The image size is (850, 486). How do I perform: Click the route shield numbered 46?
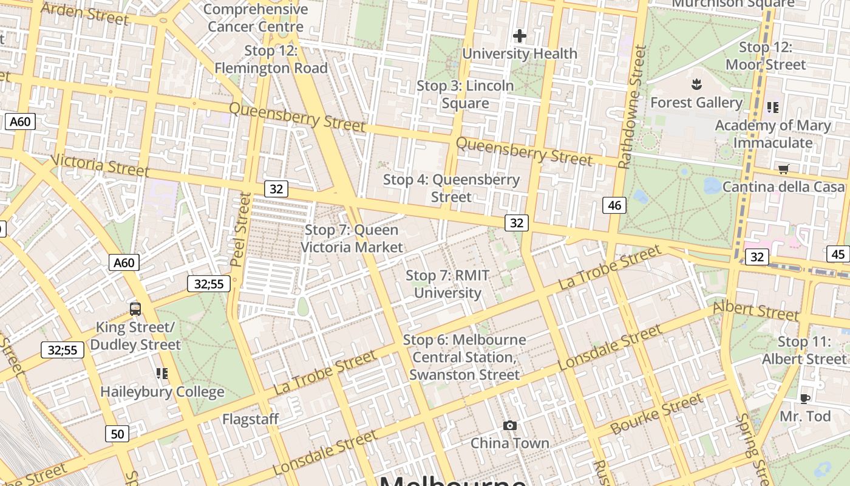point(614,205)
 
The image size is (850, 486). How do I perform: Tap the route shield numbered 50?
point(117,434)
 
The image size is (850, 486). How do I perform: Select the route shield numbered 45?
point(838,254)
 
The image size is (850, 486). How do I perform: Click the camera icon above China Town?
point(510,425)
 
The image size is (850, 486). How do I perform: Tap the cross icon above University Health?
point(519,36)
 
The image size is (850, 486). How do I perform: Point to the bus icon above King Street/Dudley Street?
point(135,309)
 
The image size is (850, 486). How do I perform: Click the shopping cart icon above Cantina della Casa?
point(783,169)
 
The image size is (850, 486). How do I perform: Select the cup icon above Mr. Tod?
point(805,399)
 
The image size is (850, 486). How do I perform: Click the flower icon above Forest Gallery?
point(696,83)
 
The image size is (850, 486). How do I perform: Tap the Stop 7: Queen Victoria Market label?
point(352,238)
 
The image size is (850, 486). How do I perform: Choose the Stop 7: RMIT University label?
point(447,284)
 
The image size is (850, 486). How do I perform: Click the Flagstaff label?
point(250,419)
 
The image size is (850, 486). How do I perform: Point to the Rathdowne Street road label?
point(632,107)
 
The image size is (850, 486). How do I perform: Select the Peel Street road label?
point(240,229)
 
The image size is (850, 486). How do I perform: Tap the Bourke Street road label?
point(656,414)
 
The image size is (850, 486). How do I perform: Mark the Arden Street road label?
point(85,13)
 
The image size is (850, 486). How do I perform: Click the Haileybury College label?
point(162,392)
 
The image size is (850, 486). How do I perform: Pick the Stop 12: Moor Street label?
point(766,56)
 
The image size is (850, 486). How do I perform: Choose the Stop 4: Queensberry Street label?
point(451,188)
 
